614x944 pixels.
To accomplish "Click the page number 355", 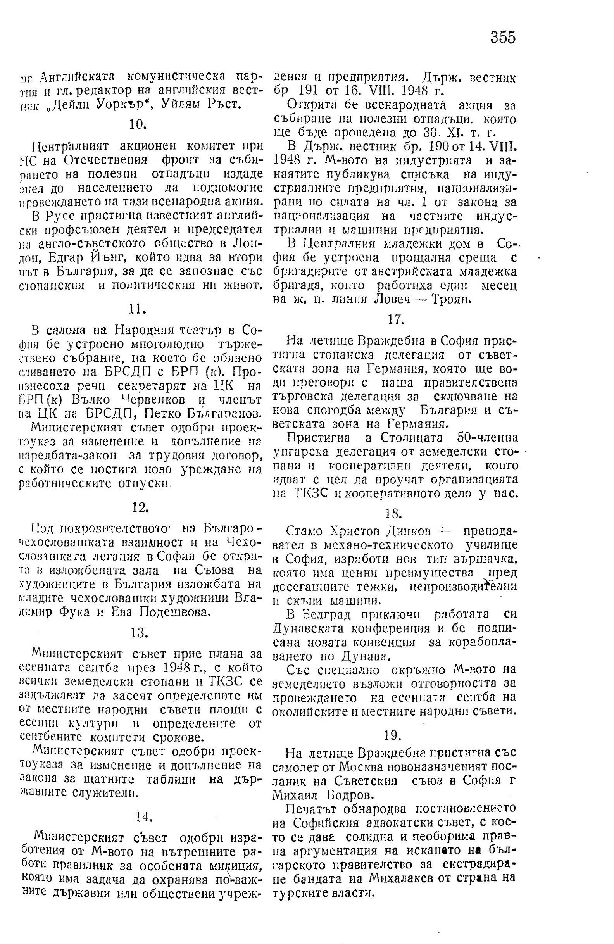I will coord(503,37).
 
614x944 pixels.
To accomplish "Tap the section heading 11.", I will coord(136,309).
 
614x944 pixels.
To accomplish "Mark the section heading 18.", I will coord(393,513).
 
